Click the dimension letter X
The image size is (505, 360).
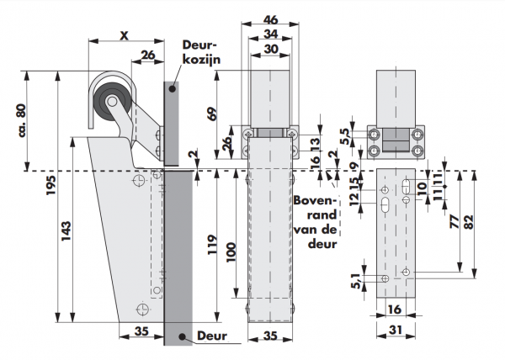pyautogui.click(x=124, y=35)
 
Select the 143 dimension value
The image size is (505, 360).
pyautogui.click(x=66, y=226)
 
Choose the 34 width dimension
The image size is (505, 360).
pyautogui.click(x=269, y=34)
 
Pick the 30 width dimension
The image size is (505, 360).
pyautogui.click(x=269, y=50)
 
